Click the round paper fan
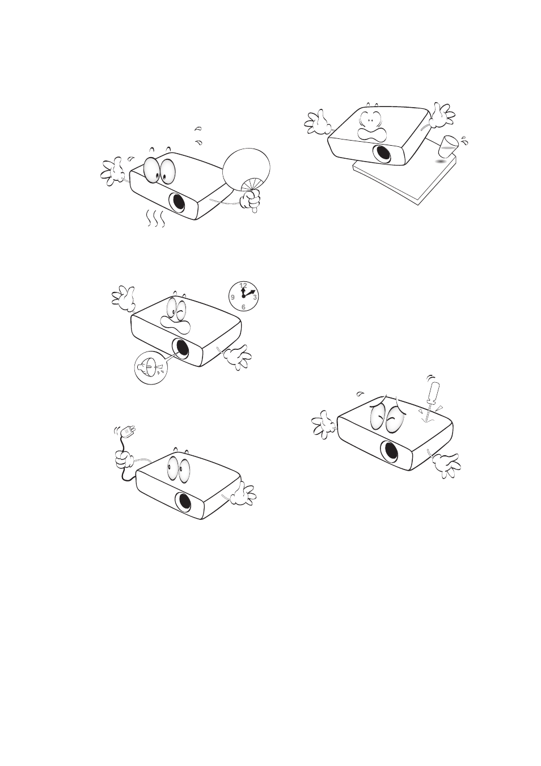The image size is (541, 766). click(x=246, y=170)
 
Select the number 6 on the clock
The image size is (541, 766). click(x=243, y=307)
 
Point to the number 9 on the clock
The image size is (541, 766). click(x=233, y=297)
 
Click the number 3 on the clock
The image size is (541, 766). click(x=255, y=297)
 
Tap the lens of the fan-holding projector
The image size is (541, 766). click(x=179, y=202)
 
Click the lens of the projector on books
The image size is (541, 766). click(x=382, y=153)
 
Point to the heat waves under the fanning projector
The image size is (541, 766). click(x=155, y=218)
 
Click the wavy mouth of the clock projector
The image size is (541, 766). click(x=176, y=324)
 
